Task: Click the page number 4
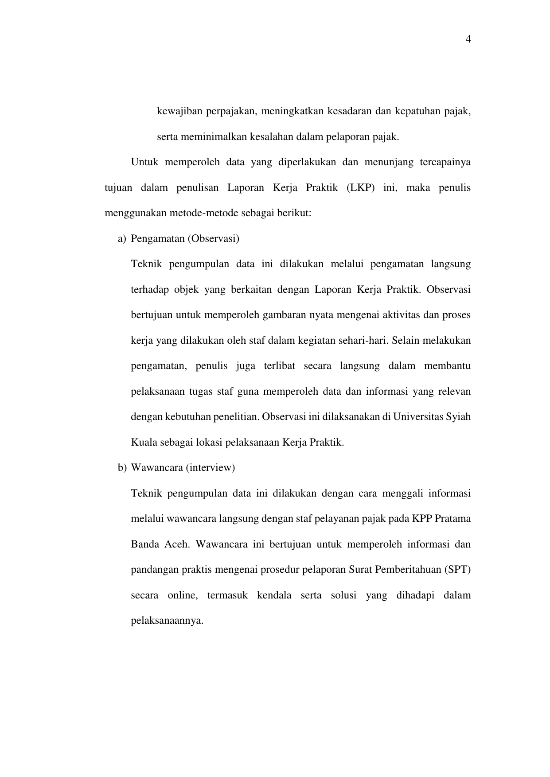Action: (x=468, y=40)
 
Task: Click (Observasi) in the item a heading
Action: (x=213, y=239)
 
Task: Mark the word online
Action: (x=182, y=595)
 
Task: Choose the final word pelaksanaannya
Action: (x=167, y=621)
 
